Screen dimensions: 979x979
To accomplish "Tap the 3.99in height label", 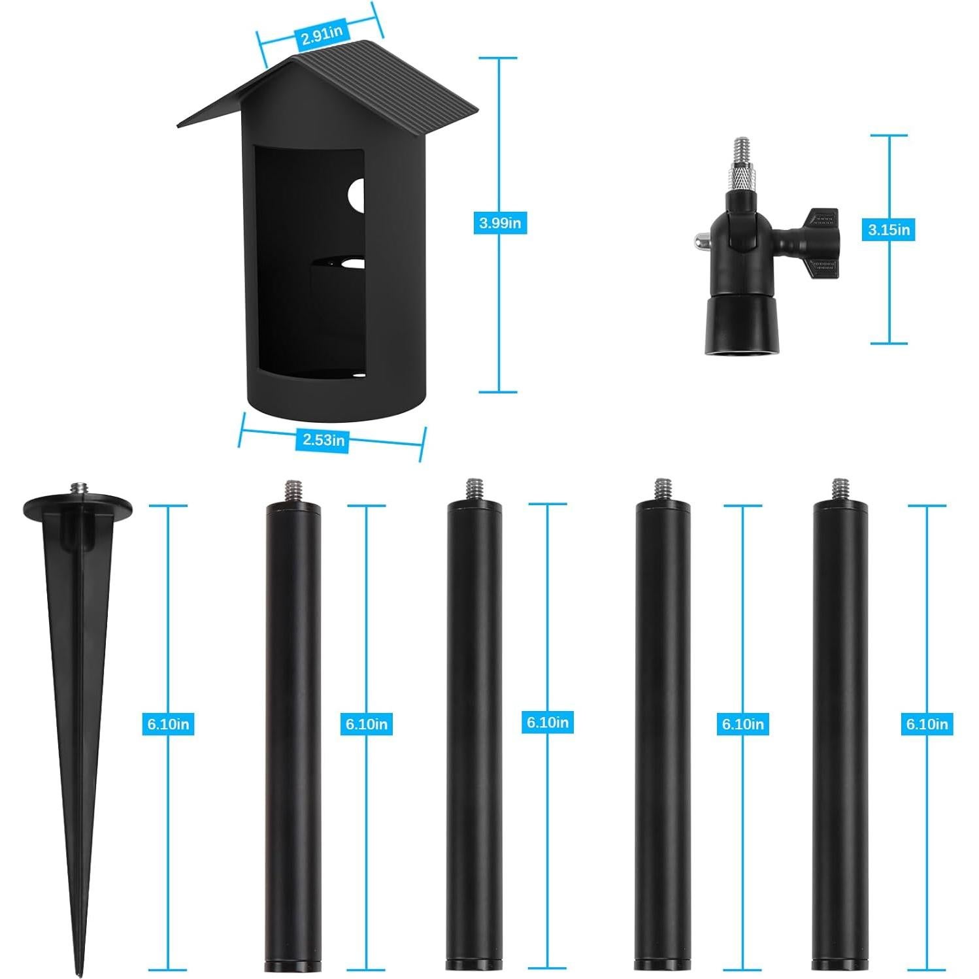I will (x=499, y=223).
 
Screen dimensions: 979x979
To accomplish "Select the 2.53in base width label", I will (x=323, y=440).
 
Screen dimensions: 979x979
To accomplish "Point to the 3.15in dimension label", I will (x=889, y=230).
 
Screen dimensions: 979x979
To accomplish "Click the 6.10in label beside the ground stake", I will (x=168, y=724).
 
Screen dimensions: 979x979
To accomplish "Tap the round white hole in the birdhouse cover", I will (x=357, y=195).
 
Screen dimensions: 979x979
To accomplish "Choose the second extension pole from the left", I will (x=474, y=732).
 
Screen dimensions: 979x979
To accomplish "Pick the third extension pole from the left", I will (x=663, y=732).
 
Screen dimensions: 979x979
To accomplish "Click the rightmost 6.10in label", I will (x=927, y=724).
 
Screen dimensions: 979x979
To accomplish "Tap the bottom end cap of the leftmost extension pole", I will (x=293, y=965).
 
